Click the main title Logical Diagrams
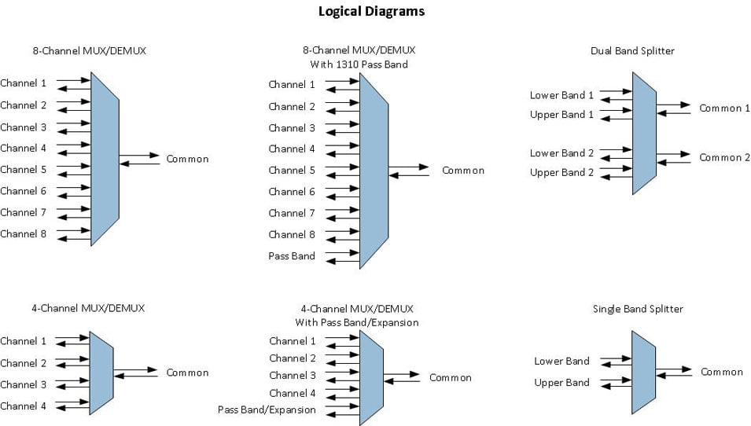371,11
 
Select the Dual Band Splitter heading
632,51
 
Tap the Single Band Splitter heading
638,309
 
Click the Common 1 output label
725,108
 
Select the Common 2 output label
725,158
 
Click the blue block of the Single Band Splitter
643,372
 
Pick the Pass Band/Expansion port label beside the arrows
267,409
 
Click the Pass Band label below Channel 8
292,255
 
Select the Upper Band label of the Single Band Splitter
561,383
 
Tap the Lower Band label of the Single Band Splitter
561,362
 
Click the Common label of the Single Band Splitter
722,372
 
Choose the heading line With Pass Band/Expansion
356,322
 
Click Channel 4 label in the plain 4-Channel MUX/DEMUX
24,406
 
